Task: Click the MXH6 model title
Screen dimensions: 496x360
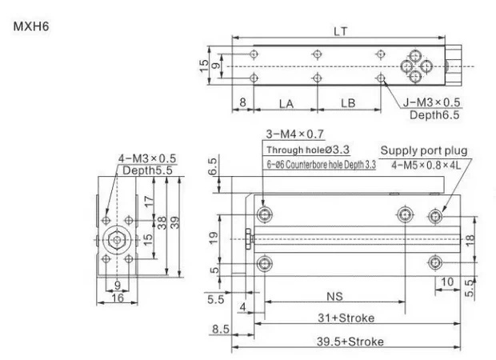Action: coord(31,26)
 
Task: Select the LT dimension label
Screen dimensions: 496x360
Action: coord(340,31)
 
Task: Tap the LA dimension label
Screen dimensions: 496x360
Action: coord(286,104)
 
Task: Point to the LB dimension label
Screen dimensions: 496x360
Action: coord(348,103)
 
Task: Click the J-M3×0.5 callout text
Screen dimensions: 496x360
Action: coord(431,102)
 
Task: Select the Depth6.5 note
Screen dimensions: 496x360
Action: coord(434,115)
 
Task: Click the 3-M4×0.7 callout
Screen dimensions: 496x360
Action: coord(295,134)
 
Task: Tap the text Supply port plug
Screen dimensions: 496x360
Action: coord(424,150)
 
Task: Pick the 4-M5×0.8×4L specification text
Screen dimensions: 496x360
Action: coord(426,165)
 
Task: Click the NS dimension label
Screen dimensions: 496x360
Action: coord(334,297)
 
